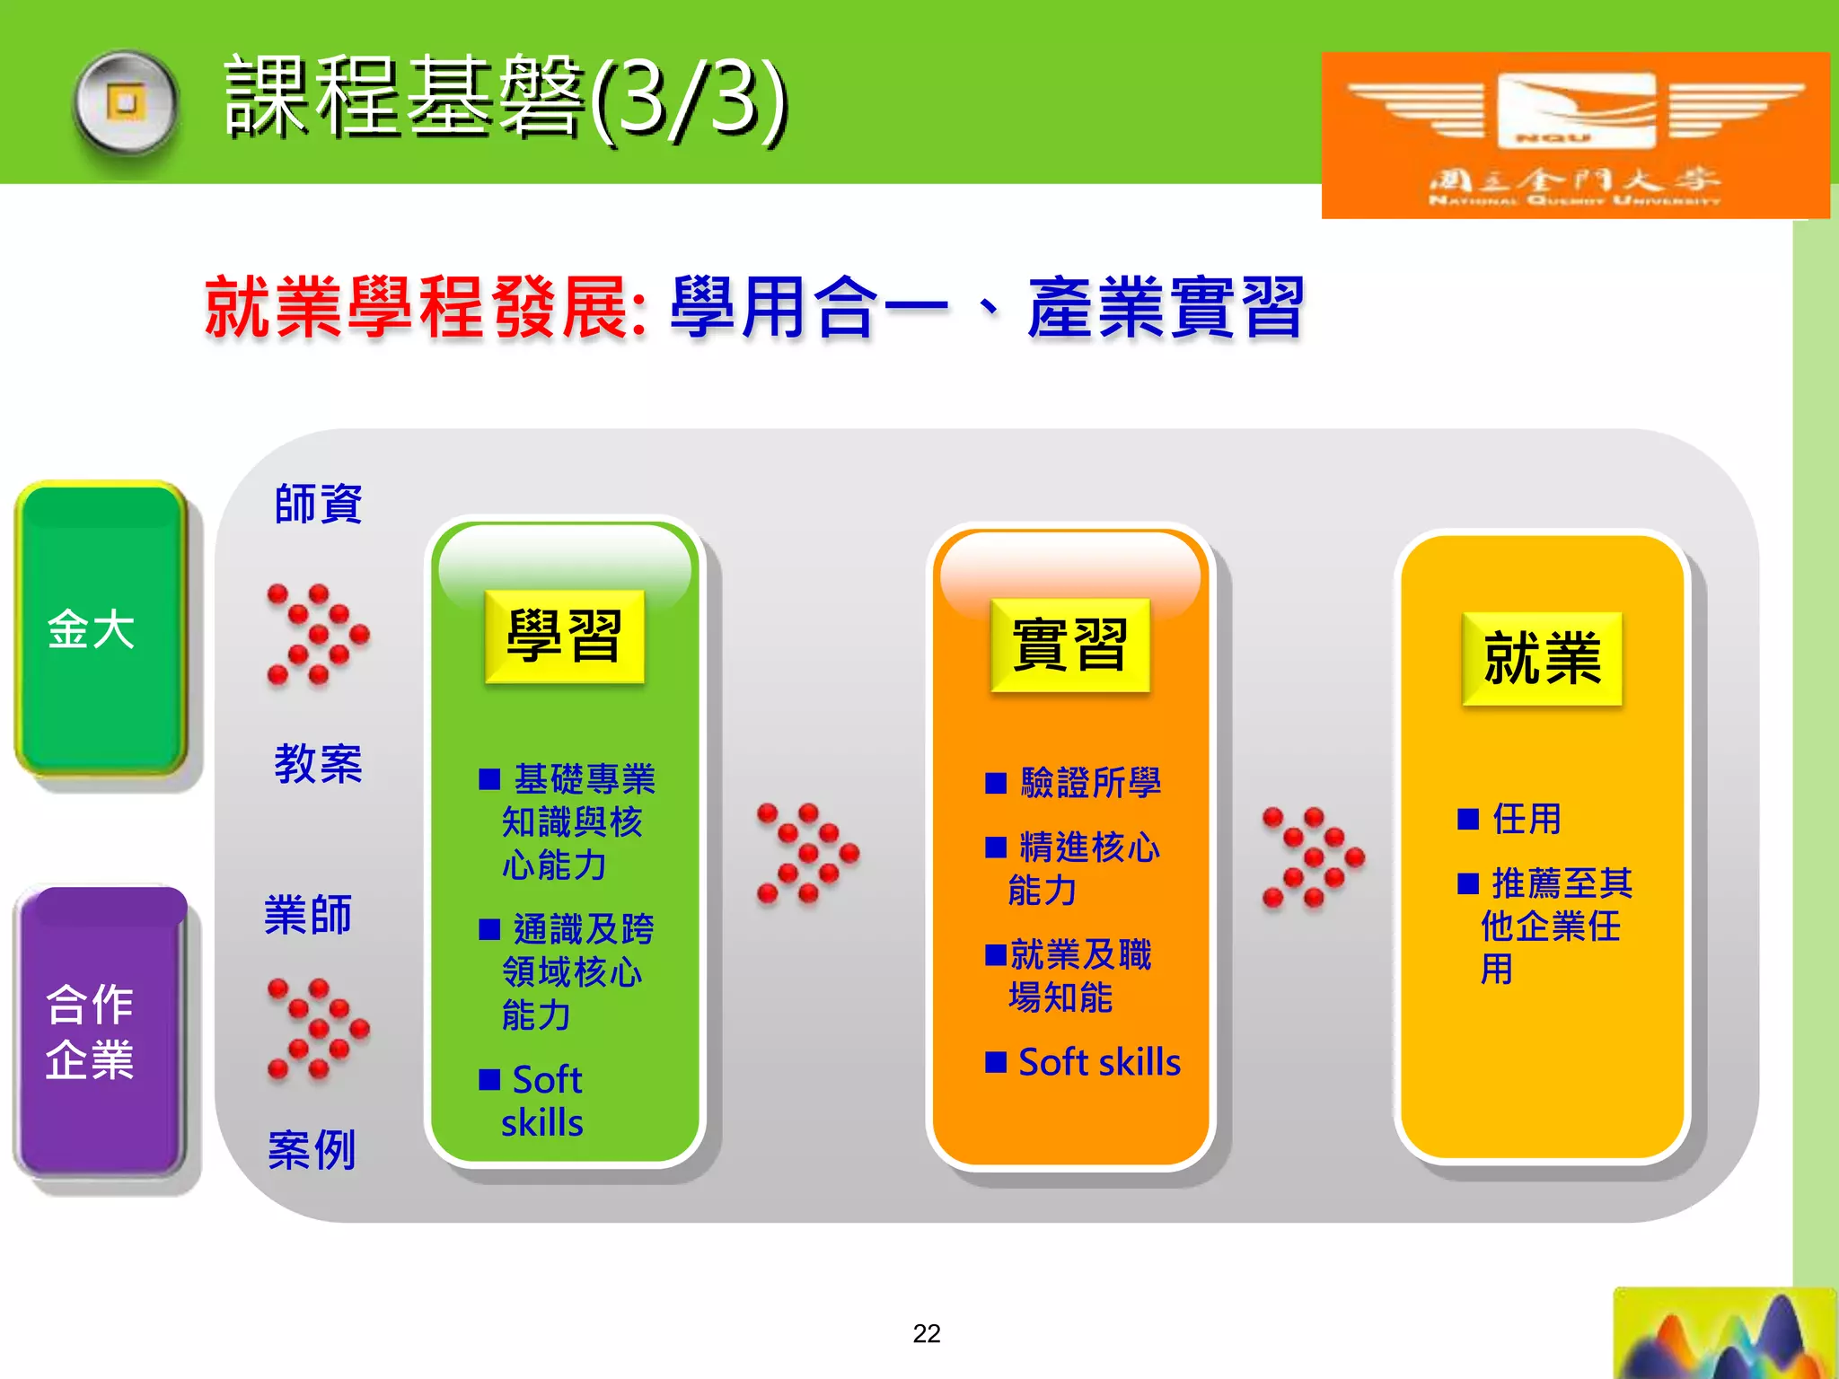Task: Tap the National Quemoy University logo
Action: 1575,135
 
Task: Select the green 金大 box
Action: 101,628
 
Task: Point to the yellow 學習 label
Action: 564,637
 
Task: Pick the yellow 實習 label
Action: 1069,645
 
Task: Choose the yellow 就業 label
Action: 1542,658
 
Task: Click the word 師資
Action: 318,504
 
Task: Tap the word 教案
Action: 318,764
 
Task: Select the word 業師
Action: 308,915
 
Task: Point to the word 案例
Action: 312,1149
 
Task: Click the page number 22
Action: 926,1333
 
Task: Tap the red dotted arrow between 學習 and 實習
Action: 807,853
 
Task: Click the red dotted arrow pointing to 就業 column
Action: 1313,857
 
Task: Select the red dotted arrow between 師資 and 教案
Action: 318,635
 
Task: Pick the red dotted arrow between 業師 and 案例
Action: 318,1028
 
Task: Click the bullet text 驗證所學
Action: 1089,783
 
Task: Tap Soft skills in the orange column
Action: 1098,1062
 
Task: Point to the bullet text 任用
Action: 1526,819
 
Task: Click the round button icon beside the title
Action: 126,103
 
